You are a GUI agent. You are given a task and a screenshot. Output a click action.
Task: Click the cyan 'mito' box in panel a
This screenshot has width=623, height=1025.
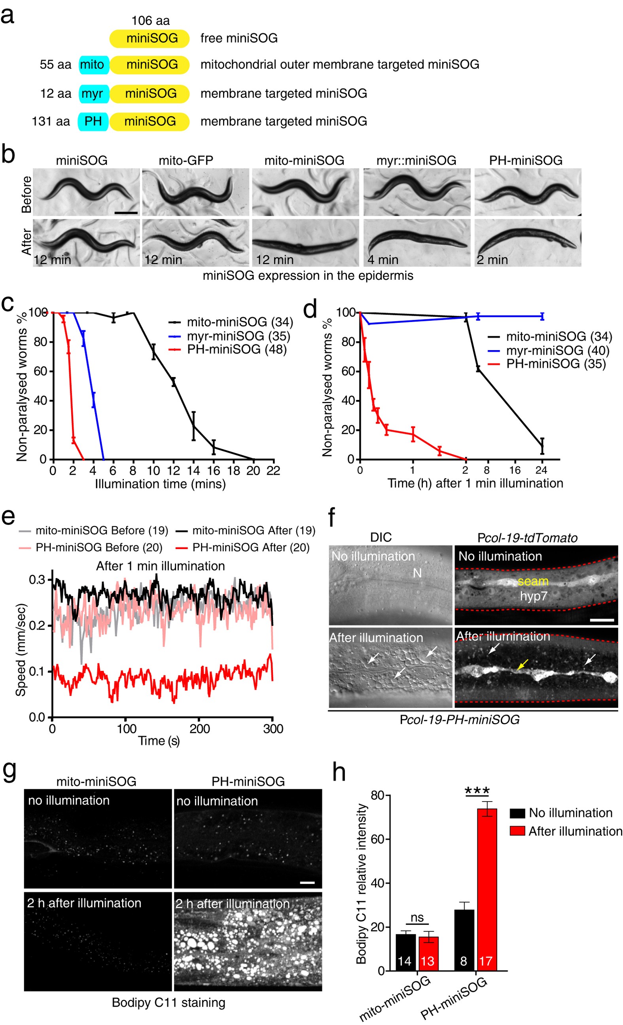click(x=93, y=64)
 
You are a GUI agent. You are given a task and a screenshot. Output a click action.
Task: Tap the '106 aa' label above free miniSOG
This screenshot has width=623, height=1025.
click(x=150, y=21)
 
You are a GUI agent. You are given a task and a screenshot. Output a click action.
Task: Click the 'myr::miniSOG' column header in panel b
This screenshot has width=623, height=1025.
click(x=416, y=160)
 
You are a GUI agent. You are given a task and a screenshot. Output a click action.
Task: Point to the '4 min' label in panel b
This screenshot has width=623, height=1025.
click(x=383, y=260)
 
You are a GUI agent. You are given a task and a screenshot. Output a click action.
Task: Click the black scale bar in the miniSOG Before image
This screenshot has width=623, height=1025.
click(x=126, y=212)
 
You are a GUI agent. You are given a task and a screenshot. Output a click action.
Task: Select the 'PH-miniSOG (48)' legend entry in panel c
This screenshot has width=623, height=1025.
click(x=236, y=349)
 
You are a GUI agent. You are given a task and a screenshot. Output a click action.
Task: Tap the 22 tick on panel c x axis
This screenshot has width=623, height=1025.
click(x=273, y=470)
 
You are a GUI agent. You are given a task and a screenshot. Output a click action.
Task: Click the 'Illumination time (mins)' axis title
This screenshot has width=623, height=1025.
click(x=160, y=484)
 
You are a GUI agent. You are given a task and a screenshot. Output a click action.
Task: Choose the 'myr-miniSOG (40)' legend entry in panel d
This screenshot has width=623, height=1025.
click(x=557, y=350)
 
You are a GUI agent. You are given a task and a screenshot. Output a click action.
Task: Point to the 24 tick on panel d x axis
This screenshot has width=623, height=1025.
click(x=541, y=470)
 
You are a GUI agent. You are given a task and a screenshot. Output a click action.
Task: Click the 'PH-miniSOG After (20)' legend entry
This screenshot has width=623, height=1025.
click(x=251, y=548)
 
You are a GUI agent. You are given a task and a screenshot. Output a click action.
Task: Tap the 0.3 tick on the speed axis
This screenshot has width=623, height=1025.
click(x=38, y=580)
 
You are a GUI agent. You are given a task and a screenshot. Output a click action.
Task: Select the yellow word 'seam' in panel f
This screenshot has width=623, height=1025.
click(x=533, y=581)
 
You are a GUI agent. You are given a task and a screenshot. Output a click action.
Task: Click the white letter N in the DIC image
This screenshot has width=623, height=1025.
click(x=417, y=573)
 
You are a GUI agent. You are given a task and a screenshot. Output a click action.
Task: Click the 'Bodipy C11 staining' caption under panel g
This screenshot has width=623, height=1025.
click(x=169, y=1002)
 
